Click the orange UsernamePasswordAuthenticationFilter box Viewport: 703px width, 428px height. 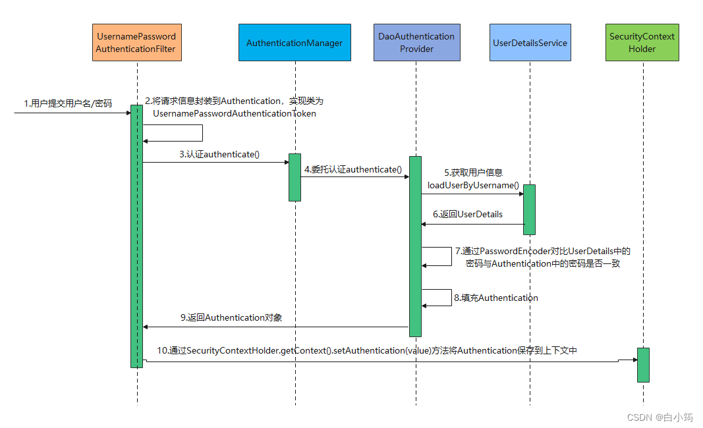(x=137, y=43)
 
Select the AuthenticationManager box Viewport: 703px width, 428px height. (x=295, y=43)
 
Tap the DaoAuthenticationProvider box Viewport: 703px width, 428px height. (x=416, y=43)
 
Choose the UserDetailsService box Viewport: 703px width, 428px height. (x=530, y=43)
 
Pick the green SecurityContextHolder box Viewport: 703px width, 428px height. (x=642, y=43)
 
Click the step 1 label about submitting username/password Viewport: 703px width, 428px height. (x=68, y=103)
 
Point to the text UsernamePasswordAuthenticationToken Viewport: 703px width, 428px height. (x=235, y=113)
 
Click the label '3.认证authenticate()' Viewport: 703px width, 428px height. (x=219, y=154)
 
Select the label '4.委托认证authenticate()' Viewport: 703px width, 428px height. (x=353, y=169)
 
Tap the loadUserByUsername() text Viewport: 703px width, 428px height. (x=473, y=185)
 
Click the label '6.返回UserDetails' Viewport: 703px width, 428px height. (x=468, y=214)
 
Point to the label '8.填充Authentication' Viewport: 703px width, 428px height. (x=496, y=298)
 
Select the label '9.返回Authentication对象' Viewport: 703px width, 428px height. (x=231, y=317)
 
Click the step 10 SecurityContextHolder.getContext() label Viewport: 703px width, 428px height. (x=367, y=350)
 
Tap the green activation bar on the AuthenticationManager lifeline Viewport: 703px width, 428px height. (x=295, y=178)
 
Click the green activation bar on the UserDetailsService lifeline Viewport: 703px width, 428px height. (x=530, y=209)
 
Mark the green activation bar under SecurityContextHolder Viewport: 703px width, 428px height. (x=643, y=365)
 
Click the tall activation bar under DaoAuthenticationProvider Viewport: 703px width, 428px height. (x=415, y=246)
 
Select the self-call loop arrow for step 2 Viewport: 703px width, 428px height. (x=203, y=133)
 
